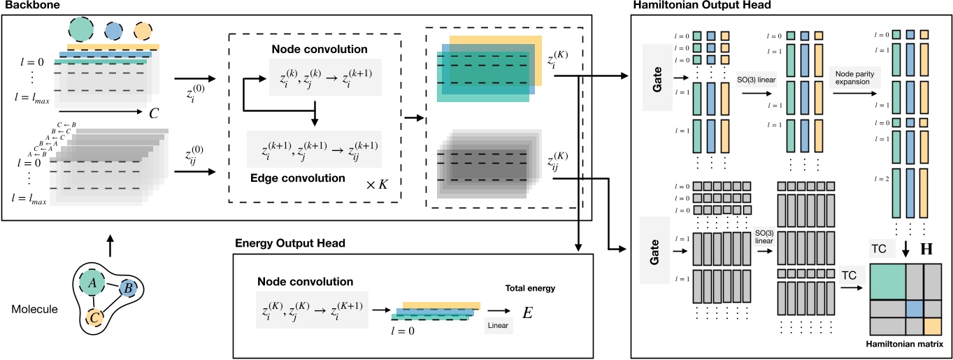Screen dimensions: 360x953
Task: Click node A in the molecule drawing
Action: point(92,282)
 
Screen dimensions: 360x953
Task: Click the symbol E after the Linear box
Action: point(529,312)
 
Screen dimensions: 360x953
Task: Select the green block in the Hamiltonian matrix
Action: point(886,281)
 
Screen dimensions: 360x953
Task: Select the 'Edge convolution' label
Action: point(297,178)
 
